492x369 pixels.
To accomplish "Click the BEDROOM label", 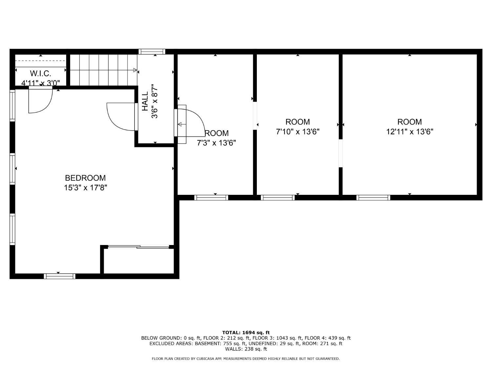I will tap(85, 178).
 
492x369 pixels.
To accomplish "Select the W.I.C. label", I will tap(41, 73).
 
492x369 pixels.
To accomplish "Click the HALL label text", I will tap(145, 101).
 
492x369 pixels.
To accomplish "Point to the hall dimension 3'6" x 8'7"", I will tap(154, 101).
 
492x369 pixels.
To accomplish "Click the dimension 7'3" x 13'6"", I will tap(216, 143).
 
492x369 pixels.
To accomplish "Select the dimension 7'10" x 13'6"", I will tap(297, 132).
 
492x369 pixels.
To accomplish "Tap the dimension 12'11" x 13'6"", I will tap(410, 132).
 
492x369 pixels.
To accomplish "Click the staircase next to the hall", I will tap(103, 70).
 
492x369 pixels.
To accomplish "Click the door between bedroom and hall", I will tap(121, 116).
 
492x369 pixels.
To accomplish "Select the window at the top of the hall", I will tap(152, 51).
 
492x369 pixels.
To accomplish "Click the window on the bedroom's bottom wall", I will tap(60, 276).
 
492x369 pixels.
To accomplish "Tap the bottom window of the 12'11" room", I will tap(373, 197).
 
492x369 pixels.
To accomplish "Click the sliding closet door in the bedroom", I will tap(138, 247).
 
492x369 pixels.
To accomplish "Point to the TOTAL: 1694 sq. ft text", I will tap(246, 333).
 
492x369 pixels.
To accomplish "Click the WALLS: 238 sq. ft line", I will tap(246, 349).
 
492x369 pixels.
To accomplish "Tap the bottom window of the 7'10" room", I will tap(277, 197).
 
